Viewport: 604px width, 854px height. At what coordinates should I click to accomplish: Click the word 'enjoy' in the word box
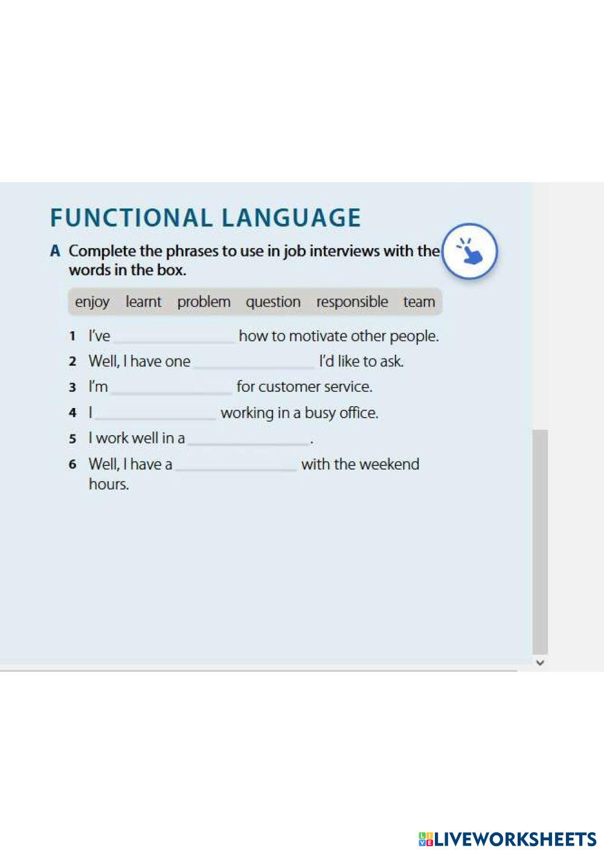(x=92, y=302)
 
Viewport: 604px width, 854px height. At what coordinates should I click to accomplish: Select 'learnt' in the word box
(x=144, y=302)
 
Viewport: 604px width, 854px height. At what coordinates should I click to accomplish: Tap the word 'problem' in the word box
(x=204, y=302)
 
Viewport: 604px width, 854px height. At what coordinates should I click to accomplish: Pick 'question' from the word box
(x=273, y=302)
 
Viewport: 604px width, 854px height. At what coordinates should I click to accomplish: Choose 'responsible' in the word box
(x=352, y=302)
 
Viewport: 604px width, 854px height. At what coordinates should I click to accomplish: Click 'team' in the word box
(x=419, y=302)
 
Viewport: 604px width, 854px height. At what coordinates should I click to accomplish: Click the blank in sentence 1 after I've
(x=175, y=342)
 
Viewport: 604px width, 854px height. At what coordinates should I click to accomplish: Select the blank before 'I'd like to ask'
(x=254, y=367)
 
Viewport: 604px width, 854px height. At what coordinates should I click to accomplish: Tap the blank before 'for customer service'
(x=172, y=393)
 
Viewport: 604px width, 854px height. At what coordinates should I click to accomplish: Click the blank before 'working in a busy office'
(x=155, y=419)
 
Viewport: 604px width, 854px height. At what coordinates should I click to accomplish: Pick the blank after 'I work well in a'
(x=249, y=444)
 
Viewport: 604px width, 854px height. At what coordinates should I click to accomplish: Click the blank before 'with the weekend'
(x=236, y=470)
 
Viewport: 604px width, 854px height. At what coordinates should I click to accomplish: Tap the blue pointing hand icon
(x=470, y=252)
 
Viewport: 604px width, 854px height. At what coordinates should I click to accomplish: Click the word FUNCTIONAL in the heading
(x=131, y=218)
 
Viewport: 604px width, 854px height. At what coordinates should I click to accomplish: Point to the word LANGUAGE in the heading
(x=291, y=218)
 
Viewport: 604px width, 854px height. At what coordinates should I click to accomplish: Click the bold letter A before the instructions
(x=56, y=251)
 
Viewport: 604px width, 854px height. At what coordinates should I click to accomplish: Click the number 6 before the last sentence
(x=72, y=464)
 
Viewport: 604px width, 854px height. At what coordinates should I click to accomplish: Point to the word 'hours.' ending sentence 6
(x=109, y=484)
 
